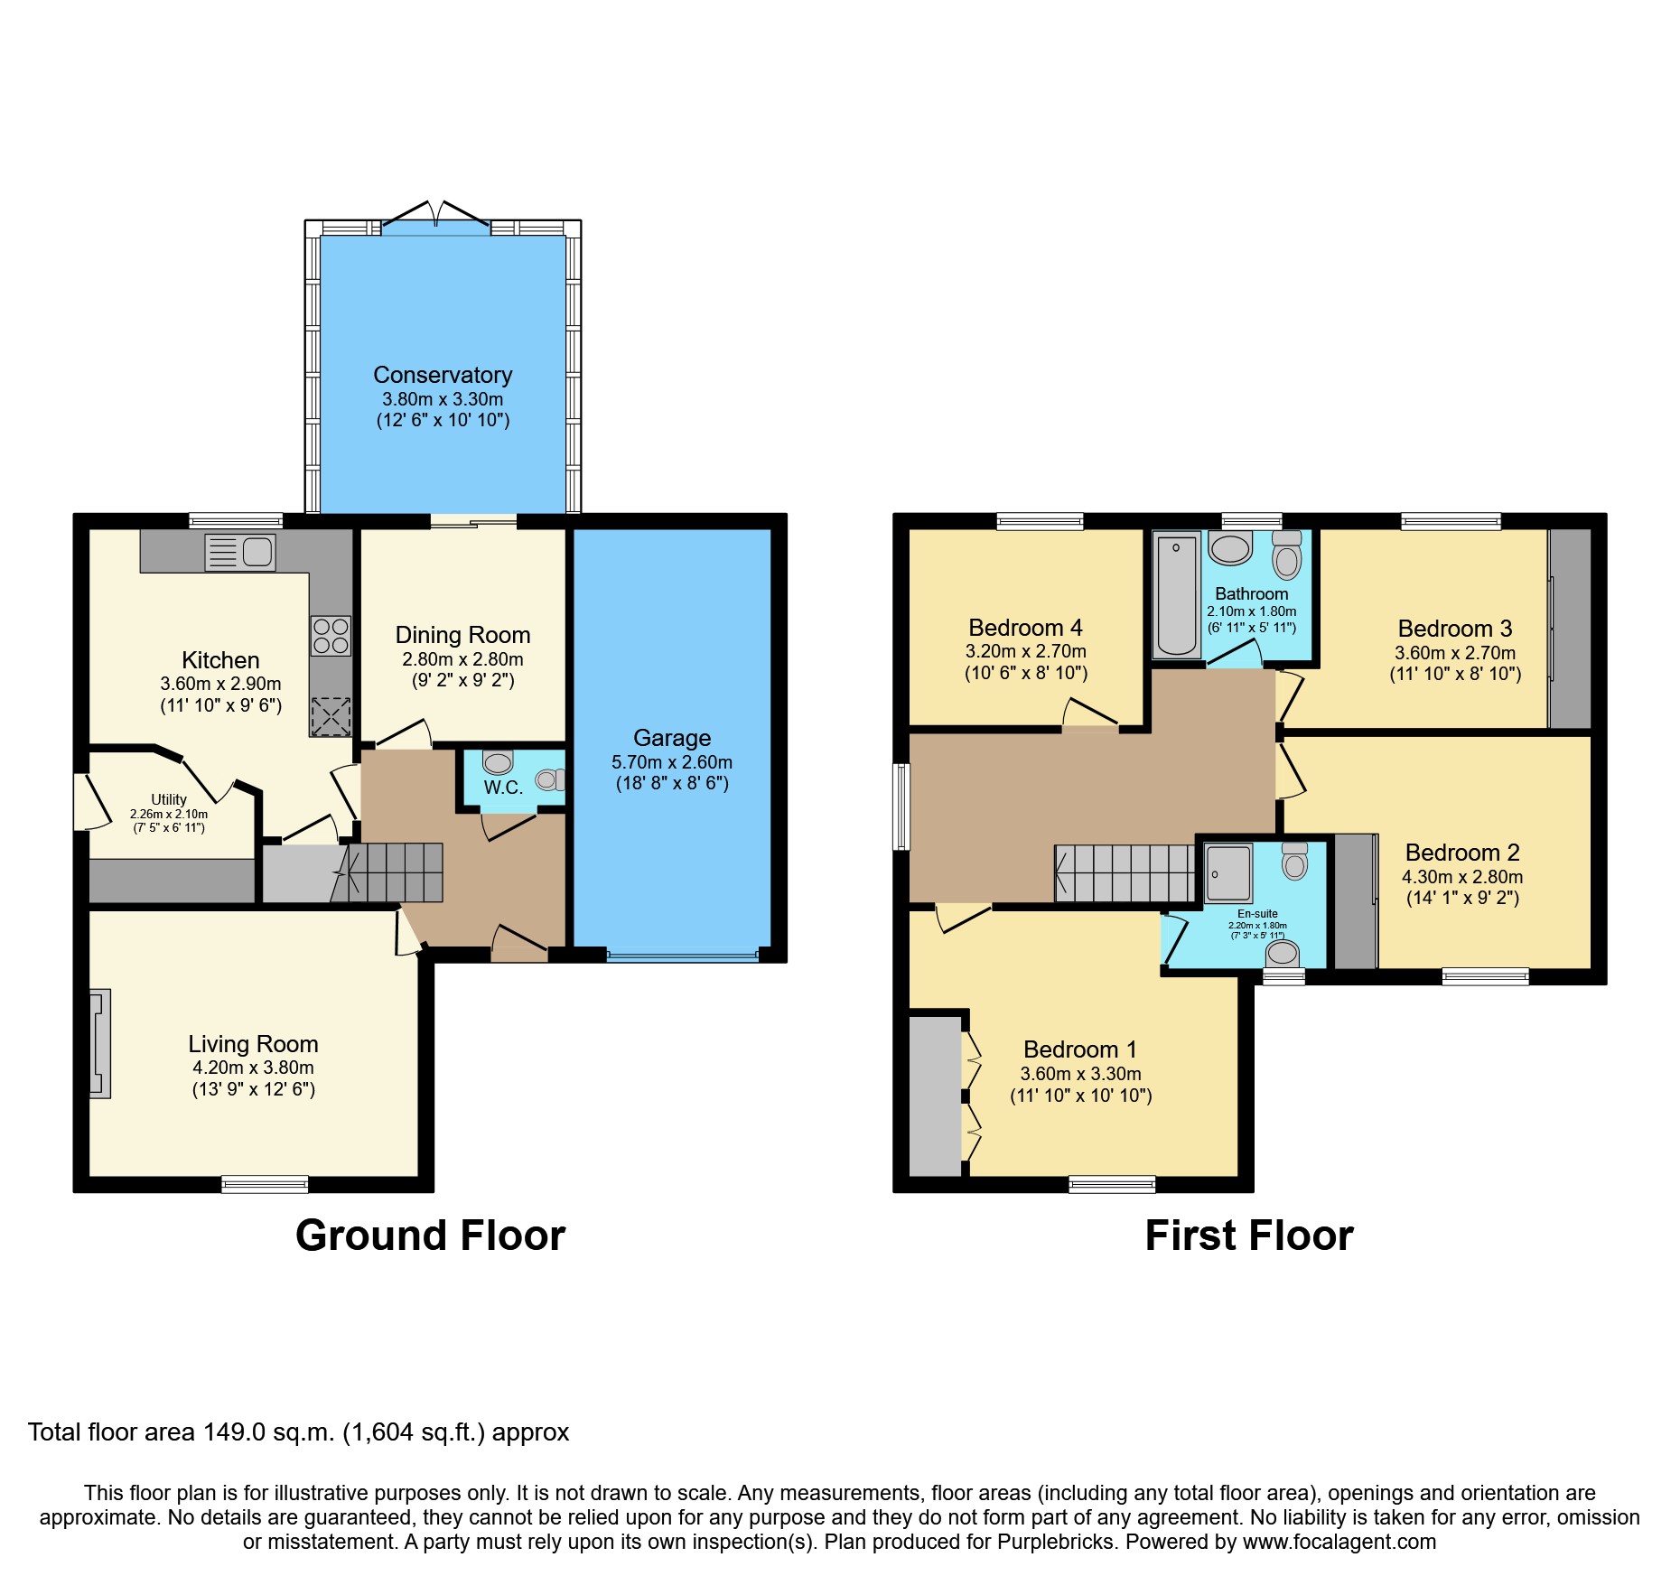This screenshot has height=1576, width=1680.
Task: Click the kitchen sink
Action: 240,552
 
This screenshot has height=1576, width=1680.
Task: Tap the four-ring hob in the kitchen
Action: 331,636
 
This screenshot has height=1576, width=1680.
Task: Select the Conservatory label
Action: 443,375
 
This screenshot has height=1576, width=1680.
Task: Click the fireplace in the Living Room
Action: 100,1043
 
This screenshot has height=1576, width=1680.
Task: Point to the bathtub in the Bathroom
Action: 1176,594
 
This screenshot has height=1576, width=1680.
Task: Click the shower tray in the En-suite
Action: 1228,873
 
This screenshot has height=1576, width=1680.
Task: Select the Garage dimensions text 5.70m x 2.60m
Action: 672,762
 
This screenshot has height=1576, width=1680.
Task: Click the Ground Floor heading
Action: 430,1236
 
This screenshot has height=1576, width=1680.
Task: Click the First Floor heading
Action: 1249,1236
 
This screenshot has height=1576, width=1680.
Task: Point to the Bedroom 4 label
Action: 1025,628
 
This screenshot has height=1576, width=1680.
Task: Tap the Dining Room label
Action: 462,635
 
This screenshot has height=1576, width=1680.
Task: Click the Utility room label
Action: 169,799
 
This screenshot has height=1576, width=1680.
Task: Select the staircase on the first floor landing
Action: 1125,873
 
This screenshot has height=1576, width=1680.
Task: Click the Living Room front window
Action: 265,1184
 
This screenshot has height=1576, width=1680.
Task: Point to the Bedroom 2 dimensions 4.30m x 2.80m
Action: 1462,876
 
